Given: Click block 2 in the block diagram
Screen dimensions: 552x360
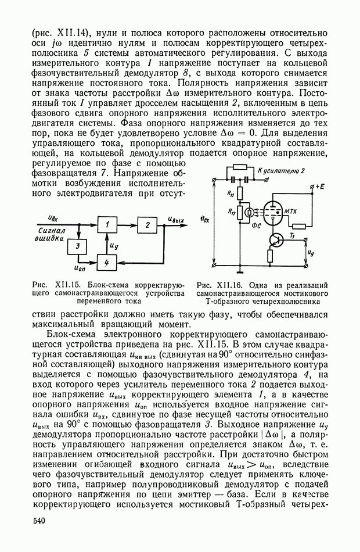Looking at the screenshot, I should (x=147, y=224).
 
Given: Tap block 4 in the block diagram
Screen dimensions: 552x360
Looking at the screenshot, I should (x=106, y=263).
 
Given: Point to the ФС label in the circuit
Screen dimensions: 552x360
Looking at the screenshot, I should (x=254, y=227).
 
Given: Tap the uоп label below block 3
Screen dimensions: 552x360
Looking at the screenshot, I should (x=82, y=268).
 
